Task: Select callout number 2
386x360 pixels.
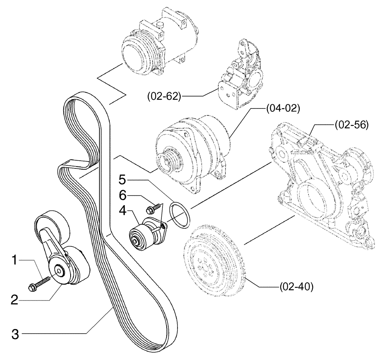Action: [x=15, y=299]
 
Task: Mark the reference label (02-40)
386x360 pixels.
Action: [x=295, y=287]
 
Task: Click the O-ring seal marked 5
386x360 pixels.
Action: [x=180, y=214]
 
